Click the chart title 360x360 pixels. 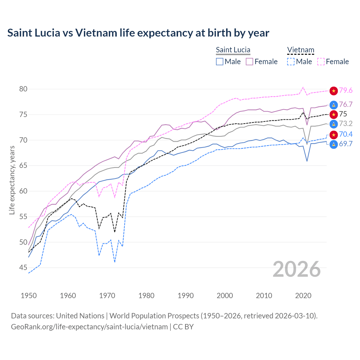pos(138,33)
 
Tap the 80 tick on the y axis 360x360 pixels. pos(23,89)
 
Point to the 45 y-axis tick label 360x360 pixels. pos(23,268)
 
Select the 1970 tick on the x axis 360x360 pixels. pos(107,296)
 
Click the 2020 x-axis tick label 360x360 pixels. pos(303,296)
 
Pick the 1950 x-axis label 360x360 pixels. pos(29,296)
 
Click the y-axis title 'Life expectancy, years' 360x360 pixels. pos(12,180)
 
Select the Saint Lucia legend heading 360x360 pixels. pos(233,50)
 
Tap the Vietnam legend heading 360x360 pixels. pos(300,50)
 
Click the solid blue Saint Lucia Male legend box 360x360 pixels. pos(220,62)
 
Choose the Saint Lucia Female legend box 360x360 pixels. pos(249,62)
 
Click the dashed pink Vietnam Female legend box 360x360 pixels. pos(321,62)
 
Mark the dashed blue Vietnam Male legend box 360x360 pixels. pos(291,62)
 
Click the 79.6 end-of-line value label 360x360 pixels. pos(346,90)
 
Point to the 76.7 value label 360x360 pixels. pos(346,104)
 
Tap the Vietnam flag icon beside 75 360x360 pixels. pos(334,114)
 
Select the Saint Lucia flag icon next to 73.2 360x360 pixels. pos(334,124)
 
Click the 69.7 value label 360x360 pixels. pos(346,144)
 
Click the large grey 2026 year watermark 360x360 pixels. pos(297,269)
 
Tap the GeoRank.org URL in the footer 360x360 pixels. pos(89,327)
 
